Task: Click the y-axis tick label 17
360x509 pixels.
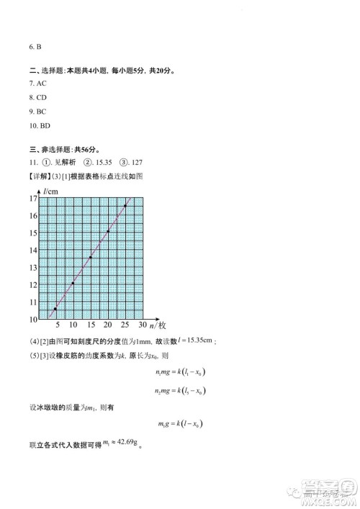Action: (32, 198)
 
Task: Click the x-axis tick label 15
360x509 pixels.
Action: (90, 326)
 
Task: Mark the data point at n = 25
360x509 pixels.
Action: (125, 206)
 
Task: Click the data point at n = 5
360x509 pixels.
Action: (55, 309)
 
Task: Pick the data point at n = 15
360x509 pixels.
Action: (91, 257)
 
